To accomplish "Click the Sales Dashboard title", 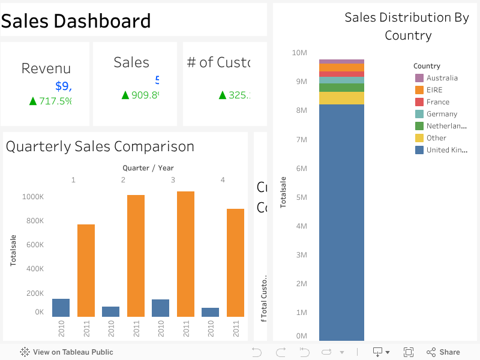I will click(x=76, y=21).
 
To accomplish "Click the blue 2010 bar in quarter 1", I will click(x=61, y=307).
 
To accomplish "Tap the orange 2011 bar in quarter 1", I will click(x=86, y=270).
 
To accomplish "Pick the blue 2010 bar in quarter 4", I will click(x=210, y=312).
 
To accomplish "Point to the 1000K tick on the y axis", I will click(x=32, y=197).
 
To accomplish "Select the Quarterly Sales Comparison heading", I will click(x=100, y=146).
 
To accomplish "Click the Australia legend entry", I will click(x=442, y=78).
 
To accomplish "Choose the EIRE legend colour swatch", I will click(x=419, y=90).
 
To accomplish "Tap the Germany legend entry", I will click(x=442, y=114).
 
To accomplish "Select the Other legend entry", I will click(x=436, y=138).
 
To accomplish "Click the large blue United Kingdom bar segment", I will click(x=341, y=222).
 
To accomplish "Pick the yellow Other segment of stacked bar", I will click(x=341, y=98).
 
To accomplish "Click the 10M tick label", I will click(x=299, y=53).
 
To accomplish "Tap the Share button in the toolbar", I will click(x=443, y=352).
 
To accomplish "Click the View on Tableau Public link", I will click(x=67, y=352).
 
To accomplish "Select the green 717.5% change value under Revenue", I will click(x=51, y=101).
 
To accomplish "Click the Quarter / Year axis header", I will click(x=148, y=168).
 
